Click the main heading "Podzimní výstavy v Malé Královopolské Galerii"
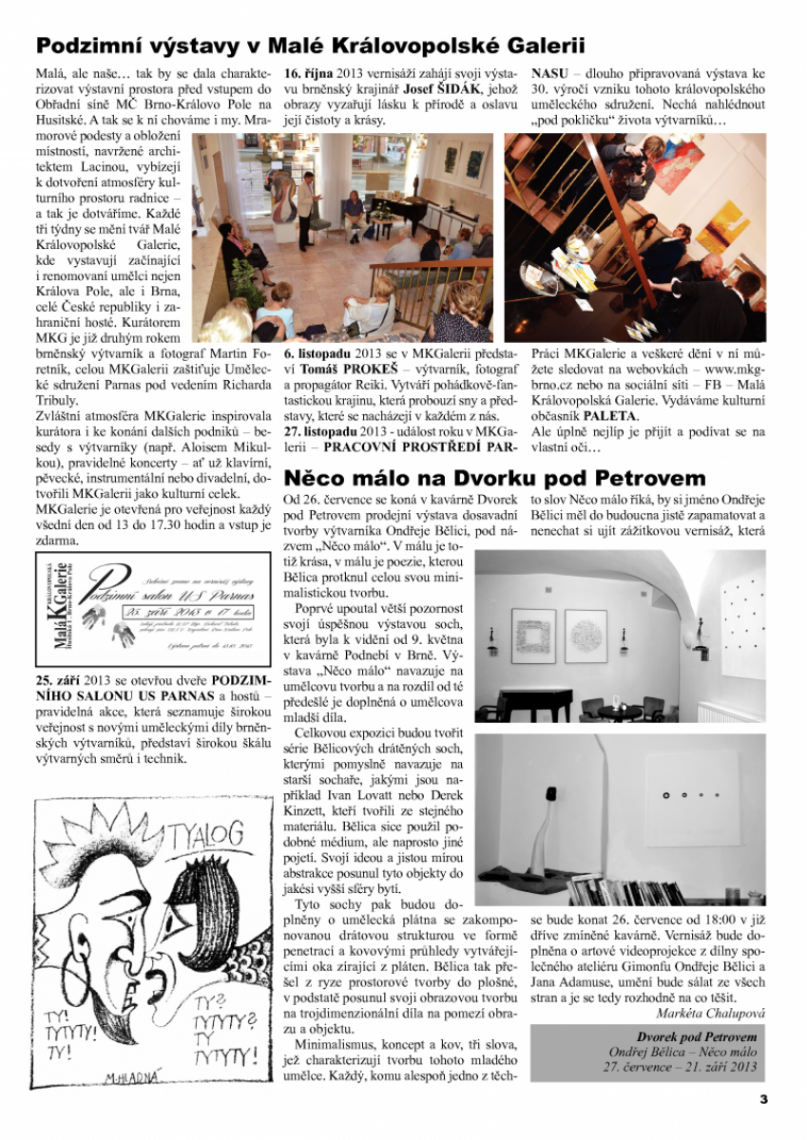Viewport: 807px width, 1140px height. tap(310, 46)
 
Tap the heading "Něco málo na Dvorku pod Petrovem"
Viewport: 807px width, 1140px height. tap(495, 477)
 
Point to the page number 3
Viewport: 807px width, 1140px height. tap(762, 1100)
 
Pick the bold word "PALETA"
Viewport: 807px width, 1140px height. tap(610, 415)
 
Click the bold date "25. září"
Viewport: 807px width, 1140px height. tap(56, 681)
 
